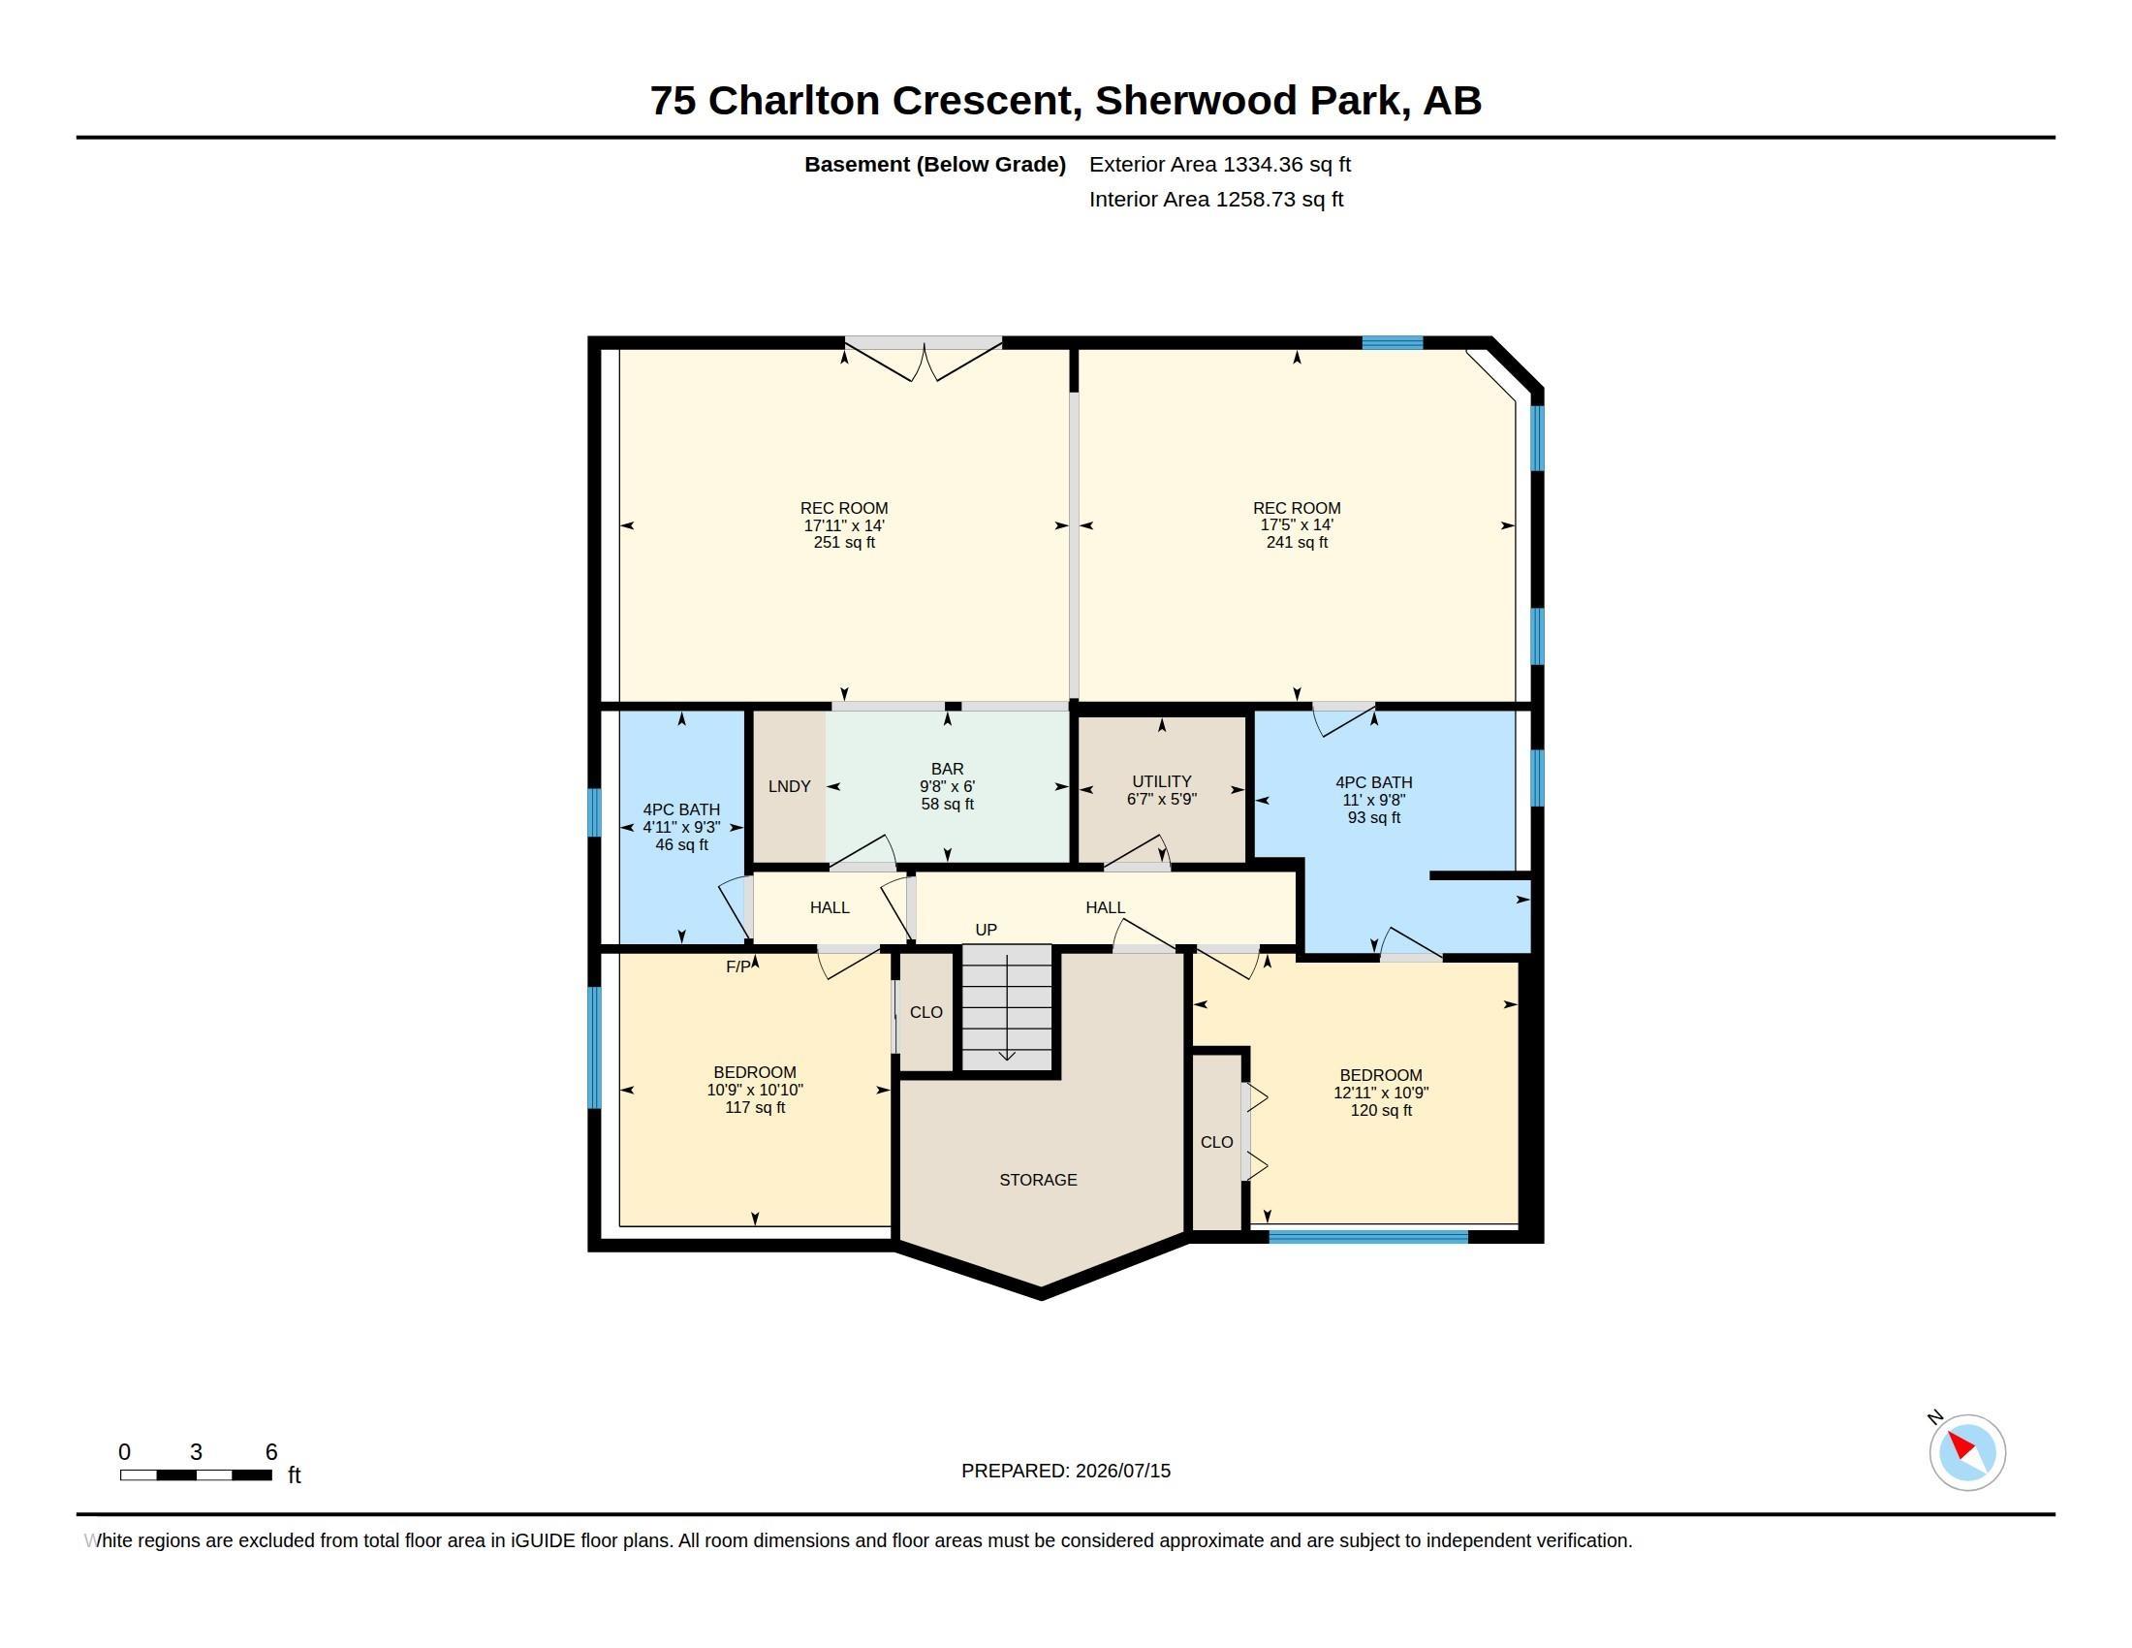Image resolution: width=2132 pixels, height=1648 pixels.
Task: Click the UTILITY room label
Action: click(1162, 781)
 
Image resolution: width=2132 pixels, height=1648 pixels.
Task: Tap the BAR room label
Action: click(947, 770)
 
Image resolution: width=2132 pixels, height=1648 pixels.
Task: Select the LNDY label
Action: click(789, 786)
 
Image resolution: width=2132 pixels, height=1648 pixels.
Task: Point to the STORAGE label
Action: click(1038, 1180)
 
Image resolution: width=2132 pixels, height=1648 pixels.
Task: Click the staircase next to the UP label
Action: click(1007, 1006)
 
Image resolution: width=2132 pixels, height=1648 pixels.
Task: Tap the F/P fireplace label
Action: click(739, 967)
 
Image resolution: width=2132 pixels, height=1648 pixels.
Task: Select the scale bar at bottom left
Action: click(195, 1474)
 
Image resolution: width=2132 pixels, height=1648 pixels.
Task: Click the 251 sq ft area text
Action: click(844, 542)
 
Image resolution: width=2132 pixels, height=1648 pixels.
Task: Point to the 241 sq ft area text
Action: click(1297, 542)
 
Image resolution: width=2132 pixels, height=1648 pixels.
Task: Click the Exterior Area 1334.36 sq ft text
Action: click(1219, 164)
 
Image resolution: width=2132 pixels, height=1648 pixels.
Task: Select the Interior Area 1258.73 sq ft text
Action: click(1215, 199)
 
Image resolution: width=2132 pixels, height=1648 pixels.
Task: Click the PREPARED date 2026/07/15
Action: click(1122, 1471)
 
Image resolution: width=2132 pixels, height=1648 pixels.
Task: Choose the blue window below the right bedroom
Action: click(1367, 1237)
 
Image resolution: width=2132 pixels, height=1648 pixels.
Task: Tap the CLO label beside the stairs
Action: click(925, 1012)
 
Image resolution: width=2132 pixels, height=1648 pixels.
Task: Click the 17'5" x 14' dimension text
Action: click(1297, 525)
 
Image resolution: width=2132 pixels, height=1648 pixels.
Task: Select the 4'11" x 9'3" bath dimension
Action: click(681, 827)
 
